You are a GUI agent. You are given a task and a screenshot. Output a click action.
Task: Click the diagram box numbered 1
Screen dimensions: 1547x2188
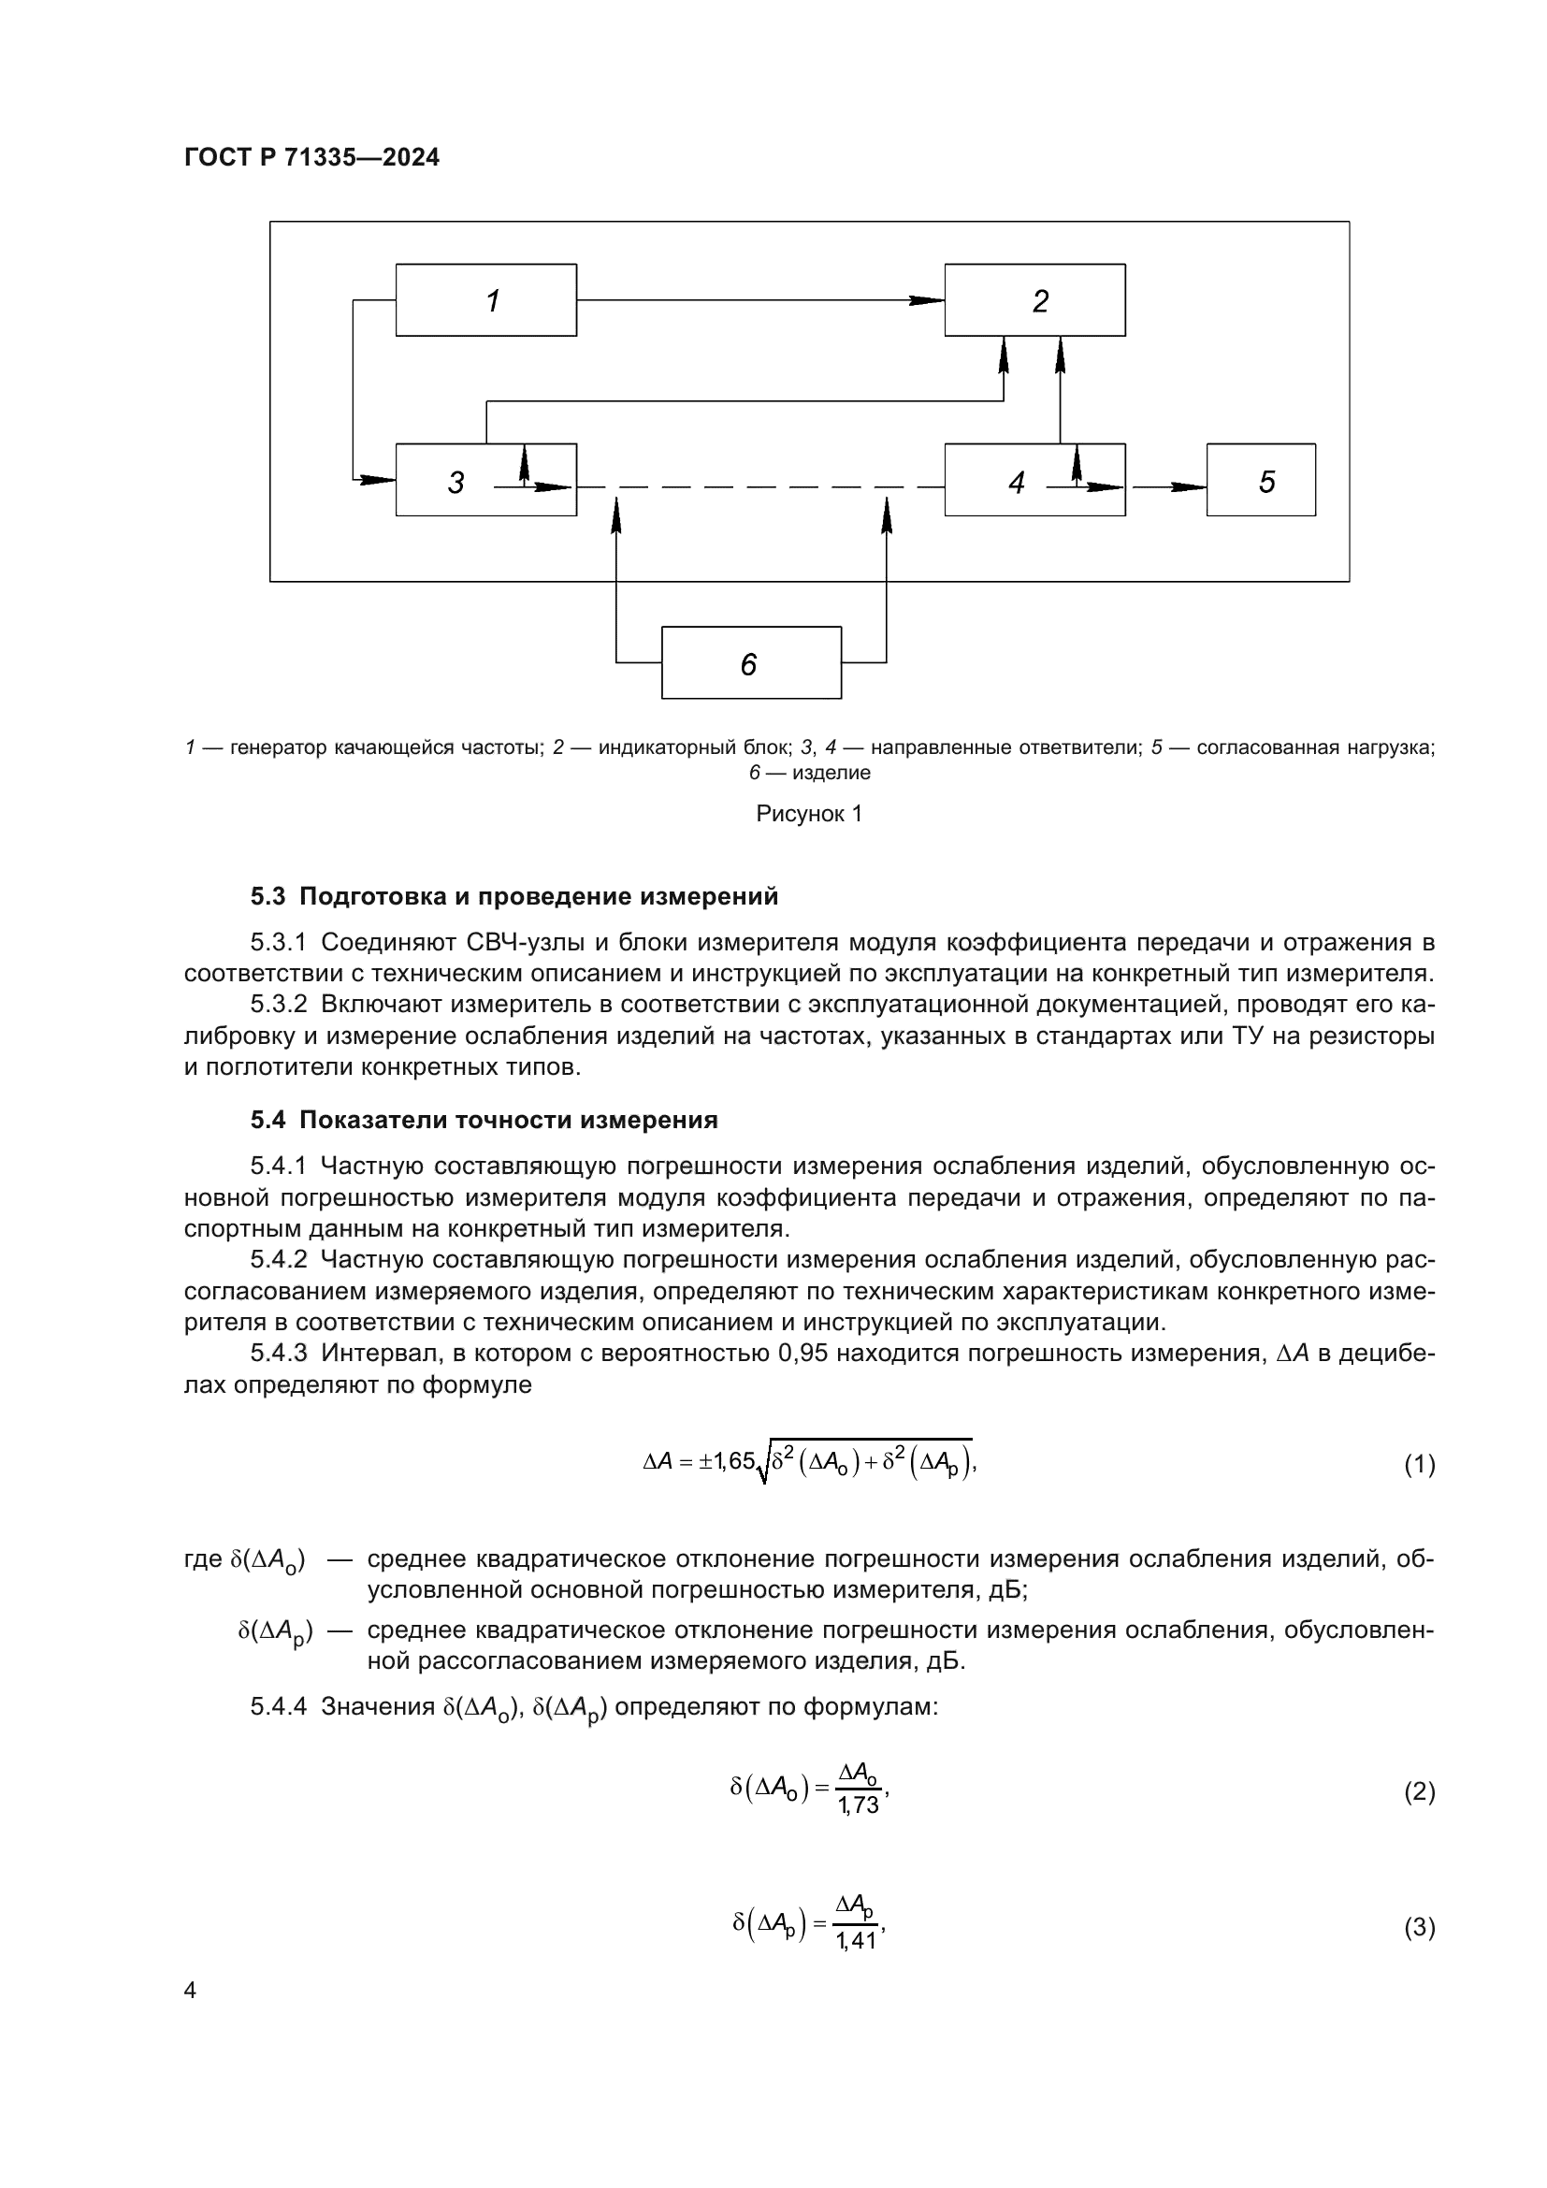tap(485, 300)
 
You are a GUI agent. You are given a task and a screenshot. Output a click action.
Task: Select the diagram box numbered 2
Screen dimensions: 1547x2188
tap(1034, 300)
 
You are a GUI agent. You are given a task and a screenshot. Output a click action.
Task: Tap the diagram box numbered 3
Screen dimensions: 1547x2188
tap(485, 480)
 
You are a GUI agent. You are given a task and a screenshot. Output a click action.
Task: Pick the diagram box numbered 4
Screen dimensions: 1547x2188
tap(1034, 480)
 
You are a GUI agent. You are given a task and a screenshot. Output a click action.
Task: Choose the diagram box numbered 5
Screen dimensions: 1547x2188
tap(1261, 480)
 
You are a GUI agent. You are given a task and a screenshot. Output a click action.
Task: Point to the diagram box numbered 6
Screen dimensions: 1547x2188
tap(752, 662)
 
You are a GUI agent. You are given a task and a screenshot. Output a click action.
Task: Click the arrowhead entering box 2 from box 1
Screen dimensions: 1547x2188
tap(926, 300)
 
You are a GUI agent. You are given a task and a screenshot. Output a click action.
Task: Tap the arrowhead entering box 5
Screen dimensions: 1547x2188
tap(1189, 487)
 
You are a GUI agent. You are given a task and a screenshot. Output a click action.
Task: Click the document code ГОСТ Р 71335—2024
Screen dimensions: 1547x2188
tap(312, 157)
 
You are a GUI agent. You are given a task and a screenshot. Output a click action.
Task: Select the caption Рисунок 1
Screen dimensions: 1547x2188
tap(809, 813)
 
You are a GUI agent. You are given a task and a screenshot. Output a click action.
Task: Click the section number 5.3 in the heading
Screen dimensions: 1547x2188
tap(267, 896)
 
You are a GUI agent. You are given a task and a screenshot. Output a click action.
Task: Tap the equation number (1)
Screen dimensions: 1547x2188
tap(1420, 1464)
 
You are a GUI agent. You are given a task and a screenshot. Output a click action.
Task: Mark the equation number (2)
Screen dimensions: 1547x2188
tap(1420, 1791)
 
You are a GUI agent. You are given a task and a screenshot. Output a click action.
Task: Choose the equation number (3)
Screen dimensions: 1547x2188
tap(1420, 1928)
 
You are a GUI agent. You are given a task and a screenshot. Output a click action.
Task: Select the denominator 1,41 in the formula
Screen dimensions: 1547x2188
tap(857, 1941)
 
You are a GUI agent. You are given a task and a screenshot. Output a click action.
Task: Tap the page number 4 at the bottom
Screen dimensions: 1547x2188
tap(191, 1991)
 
